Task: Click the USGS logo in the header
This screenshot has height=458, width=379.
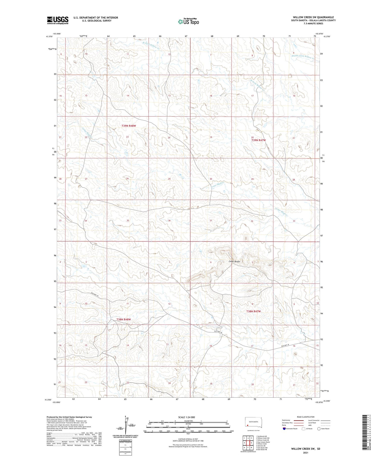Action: click(58, 20)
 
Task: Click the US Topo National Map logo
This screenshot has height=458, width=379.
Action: click(188, 21)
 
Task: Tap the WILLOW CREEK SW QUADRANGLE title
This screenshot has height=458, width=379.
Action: click(313, 17)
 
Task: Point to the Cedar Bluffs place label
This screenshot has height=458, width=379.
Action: click(234, 261)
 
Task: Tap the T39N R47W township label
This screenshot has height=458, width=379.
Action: click(258, 140)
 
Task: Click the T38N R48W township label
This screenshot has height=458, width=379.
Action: click(124, 319)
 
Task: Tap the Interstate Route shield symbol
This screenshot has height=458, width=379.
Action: click(285, 428)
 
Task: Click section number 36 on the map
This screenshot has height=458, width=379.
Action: click(169, 221)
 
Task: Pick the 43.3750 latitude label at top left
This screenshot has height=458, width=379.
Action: click(50, 36)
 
